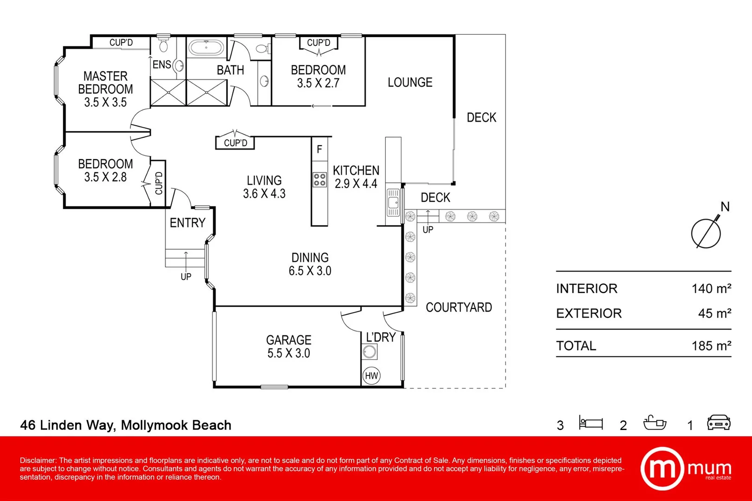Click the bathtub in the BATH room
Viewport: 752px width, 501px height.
tap(207, 48)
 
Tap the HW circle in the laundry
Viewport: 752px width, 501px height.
tap(371, 376)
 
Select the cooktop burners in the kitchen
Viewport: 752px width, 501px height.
tap(319, 180)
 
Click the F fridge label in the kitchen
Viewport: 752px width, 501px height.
tap(319, 149)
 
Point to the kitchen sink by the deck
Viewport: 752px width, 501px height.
tap(393, 203)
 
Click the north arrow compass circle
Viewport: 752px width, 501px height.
tap(706, 233)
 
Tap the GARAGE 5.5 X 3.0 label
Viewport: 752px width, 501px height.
tap(288, 347)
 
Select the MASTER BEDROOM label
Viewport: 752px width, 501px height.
tap(105, 89)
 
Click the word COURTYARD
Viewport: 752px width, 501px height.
tap(459, 308)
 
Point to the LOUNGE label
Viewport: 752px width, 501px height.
tap(410, 83)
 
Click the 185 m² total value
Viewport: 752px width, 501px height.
tap(711, 346)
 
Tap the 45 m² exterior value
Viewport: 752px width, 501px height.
tap(714, 314)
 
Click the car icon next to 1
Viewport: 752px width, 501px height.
tap(719, 423)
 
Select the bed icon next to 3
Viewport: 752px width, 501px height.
tap(590, 423)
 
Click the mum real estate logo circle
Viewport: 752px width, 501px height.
tap(662, 469)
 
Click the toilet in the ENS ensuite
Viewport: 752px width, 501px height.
tap(163, 45)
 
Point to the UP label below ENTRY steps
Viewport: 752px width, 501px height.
tap(186, 277)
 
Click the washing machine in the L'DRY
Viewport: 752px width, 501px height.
tap(370, 352)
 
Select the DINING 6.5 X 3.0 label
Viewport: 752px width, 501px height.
tap(310, 264)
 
